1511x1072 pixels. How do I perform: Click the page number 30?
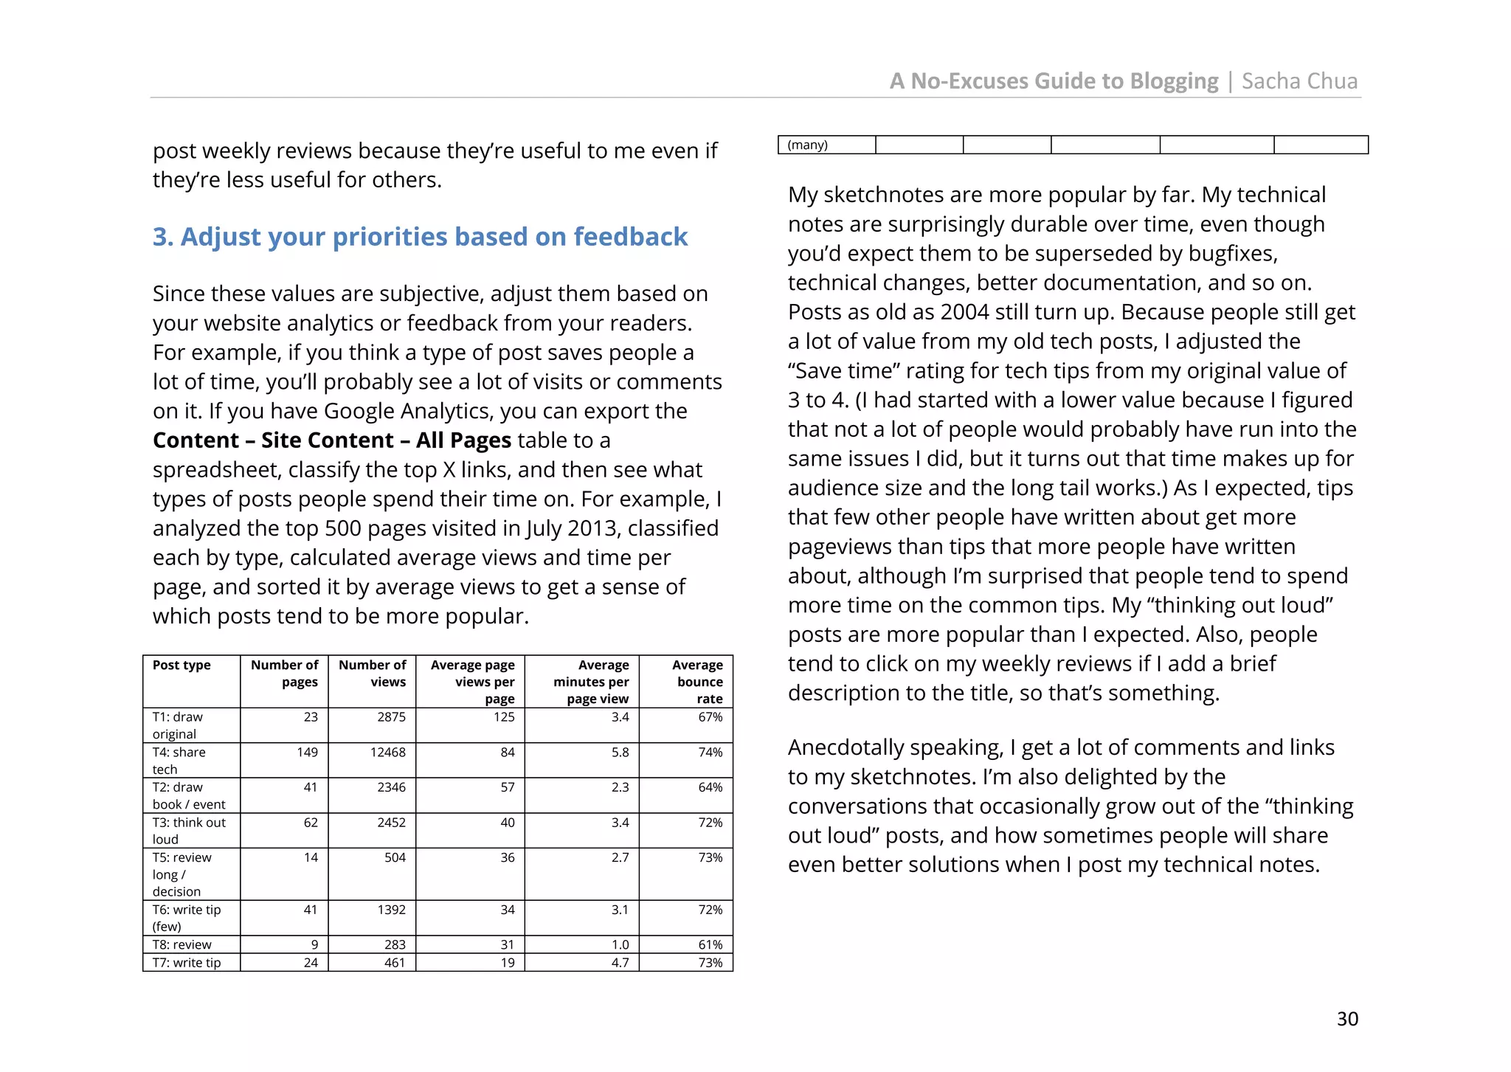tap(1346, 1018)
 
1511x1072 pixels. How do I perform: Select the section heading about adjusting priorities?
tap(420, 237)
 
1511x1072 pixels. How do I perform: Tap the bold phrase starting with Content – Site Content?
tap(331, 440)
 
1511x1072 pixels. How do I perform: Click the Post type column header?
tap(181, 665)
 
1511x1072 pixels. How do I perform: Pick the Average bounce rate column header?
tap(698, 682)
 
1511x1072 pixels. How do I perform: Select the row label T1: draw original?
tap(177, 725)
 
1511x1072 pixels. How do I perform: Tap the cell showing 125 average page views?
tap(504, 717)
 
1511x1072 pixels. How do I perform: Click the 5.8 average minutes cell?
tap(620, 752)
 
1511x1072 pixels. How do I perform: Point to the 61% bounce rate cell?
tap(710, 944)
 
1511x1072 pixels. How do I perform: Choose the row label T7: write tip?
tap(187, 962)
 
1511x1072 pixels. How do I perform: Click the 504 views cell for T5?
tap(395, 857)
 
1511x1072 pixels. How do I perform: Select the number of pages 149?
tap(307, 752)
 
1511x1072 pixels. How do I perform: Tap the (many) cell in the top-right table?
tap(808, 145)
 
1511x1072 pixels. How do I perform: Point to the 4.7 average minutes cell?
tap(620, 962)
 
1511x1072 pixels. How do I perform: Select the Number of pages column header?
tap(285, 673)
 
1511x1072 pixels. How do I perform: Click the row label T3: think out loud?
tap(189, 831)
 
